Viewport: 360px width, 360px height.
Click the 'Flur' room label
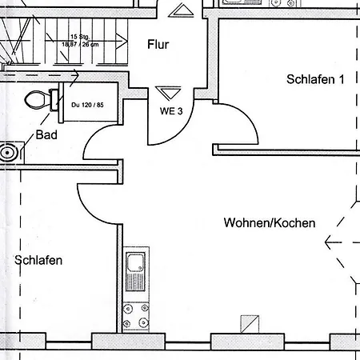(x=158, y=44)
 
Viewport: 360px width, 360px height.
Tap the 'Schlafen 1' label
(x=315, y=79)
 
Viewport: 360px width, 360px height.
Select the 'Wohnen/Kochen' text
(x=270, y=222)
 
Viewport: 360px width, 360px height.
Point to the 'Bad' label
(x=46, y=135)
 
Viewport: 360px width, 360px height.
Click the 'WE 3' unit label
(x=171, y=110)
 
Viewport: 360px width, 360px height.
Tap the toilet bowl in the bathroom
(x=38, y=100)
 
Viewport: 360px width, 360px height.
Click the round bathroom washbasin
(x=9, y=150)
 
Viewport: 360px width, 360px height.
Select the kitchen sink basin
(x=134, y=262)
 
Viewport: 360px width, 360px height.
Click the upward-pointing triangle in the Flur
(x=182, y=10)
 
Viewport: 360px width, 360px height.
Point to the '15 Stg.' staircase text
(x=78, y=37)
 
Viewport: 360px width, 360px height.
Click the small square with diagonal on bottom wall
(x=248, y=323)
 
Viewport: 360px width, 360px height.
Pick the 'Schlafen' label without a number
(x=39, y=260)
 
